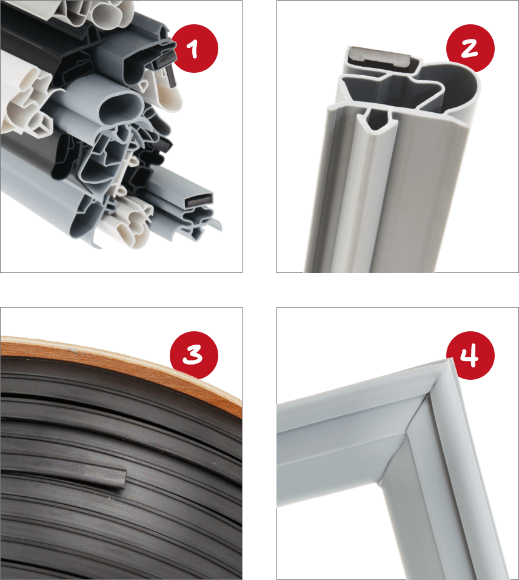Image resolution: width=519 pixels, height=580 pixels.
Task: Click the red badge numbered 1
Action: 195,48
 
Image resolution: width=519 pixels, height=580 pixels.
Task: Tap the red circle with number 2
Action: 470,48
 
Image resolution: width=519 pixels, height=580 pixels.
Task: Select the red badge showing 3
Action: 194,355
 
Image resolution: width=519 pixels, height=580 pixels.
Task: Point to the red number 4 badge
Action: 470,355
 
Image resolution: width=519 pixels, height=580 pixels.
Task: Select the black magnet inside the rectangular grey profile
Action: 198,201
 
